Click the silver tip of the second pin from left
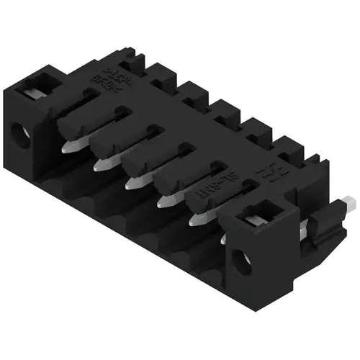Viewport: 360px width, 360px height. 101,165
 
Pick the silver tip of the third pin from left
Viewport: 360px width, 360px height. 132,184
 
